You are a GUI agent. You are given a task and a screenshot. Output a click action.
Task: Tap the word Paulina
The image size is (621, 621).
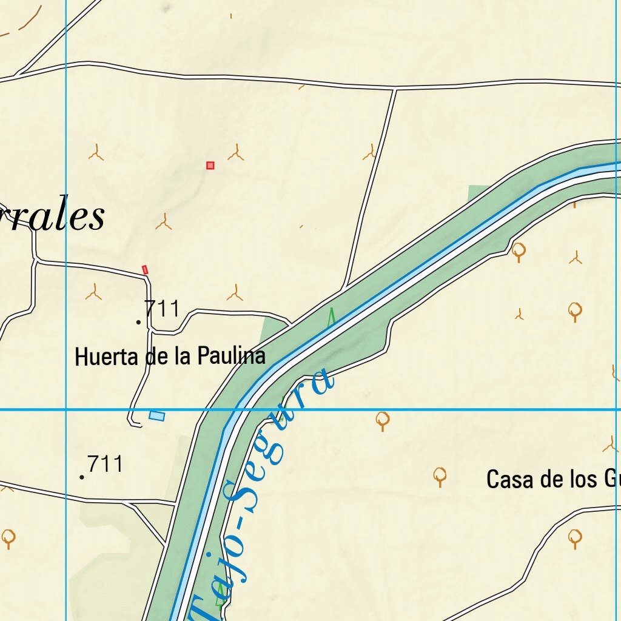pos(232,356)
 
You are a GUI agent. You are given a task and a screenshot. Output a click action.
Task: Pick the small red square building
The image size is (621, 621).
pos(210,165)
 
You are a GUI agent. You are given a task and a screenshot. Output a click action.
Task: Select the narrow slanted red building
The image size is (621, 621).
pos(145,269)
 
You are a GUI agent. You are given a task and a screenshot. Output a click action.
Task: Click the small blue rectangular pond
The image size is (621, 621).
pos(157,415)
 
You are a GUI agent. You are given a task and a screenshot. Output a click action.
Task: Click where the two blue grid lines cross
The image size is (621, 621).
pos(65,410)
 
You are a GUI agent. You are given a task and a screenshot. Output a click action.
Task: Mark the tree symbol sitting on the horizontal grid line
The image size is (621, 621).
pos(382,419)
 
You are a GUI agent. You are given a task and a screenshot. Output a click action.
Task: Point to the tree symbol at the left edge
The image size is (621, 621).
pos(8,537)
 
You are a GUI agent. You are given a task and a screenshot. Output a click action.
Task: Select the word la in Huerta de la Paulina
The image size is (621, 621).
pos(182,357)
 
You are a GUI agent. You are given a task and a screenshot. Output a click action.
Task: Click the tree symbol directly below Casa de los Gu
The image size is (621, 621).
pos(575,537)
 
